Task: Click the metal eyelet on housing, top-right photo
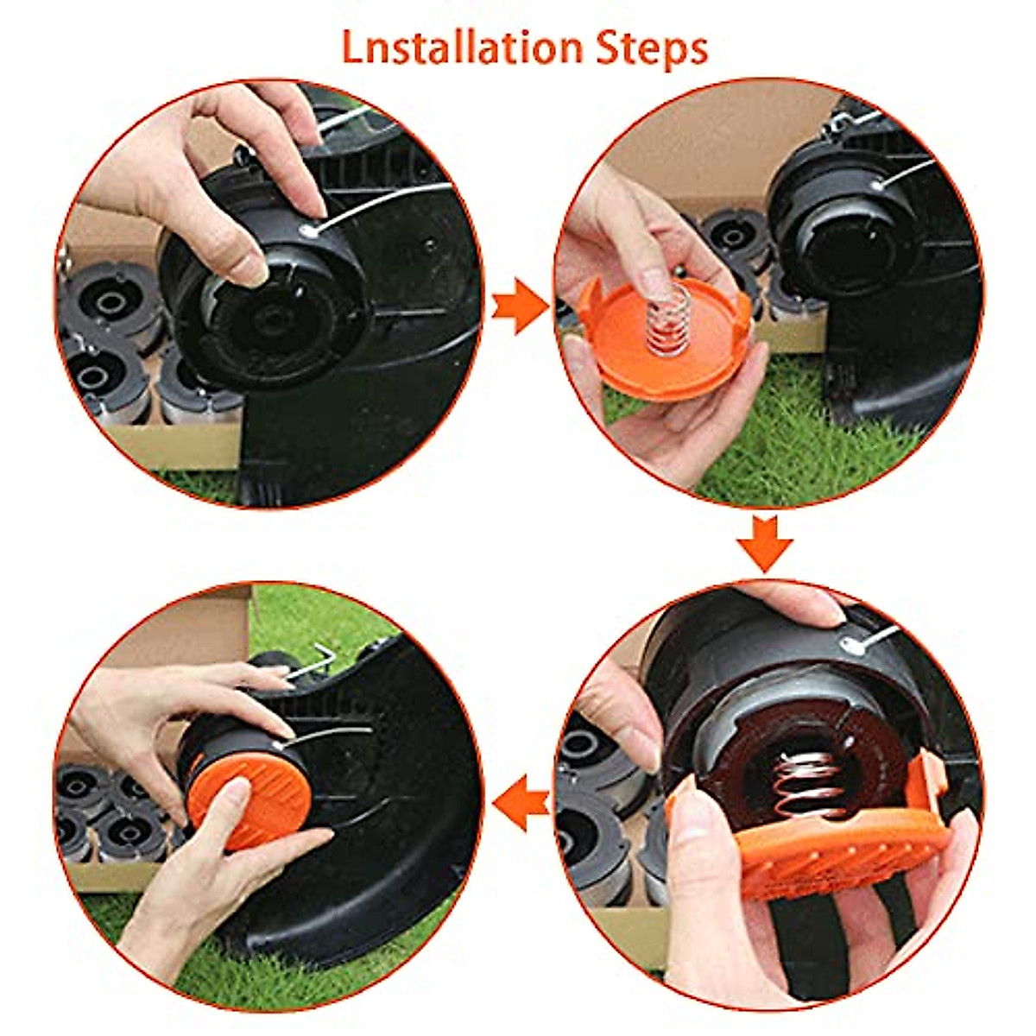coord(878,183)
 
